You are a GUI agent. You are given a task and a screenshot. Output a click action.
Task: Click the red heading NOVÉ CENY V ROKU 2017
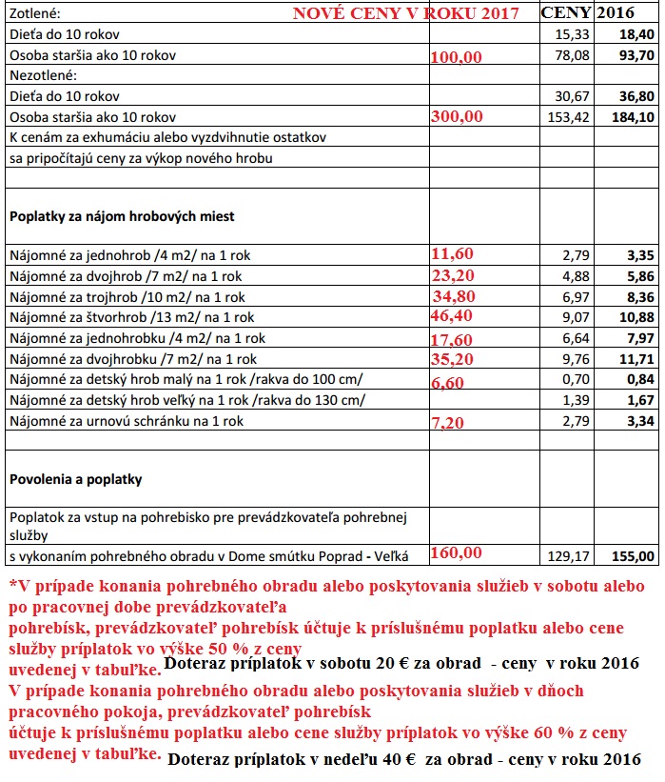(x=405, y=13)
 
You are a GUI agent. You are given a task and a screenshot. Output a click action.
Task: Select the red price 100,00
(x=457, y=57)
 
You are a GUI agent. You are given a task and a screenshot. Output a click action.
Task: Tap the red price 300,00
(x=457, y=116)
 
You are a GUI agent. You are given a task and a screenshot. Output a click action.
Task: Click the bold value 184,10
(x=635, y=117)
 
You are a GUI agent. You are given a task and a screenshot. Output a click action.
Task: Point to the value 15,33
(x=569, y=34)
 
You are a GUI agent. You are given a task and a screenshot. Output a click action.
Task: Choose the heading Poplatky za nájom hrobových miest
(x=122, y=216)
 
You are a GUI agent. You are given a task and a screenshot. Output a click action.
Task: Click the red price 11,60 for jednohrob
(x=453, y=253)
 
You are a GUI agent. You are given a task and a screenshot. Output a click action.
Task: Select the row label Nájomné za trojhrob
(x=126, y=297)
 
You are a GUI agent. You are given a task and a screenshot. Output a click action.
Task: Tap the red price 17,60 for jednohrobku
(x=453, y=338)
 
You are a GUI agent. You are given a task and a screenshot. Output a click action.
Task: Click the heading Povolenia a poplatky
(x=75, y=479)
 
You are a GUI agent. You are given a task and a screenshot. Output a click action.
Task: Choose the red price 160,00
(x=457, y=552)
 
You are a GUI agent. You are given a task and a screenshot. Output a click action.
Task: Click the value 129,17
(x=569, y=555)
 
